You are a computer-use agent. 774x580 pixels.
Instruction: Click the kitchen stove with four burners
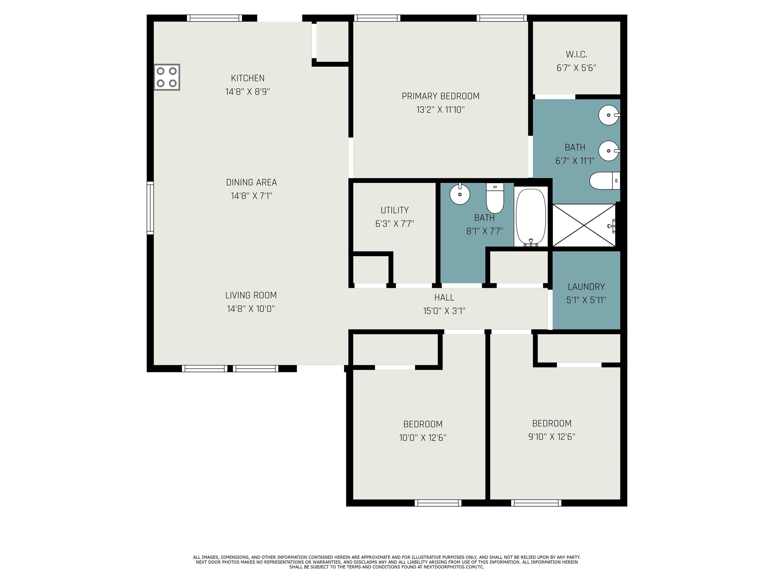[167, 77]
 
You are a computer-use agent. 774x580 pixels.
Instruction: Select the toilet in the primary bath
[605, 181]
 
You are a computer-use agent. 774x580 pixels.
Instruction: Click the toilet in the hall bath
[495, 198]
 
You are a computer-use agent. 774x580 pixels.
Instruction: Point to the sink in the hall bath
[460, 194]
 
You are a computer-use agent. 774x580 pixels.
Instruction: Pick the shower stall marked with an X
[584, 225]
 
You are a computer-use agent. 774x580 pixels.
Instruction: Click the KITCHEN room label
[248, 78]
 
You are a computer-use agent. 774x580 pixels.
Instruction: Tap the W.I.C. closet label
[576, 55]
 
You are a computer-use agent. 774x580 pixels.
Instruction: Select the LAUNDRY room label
[586, 287]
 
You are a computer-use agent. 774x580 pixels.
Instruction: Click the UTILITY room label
[395, 210]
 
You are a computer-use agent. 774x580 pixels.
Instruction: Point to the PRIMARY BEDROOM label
[440, 96]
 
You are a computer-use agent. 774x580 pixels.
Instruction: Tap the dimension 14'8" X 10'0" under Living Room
[251, 309]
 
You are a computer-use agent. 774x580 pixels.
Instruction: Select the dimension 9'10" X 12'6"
[552, 437]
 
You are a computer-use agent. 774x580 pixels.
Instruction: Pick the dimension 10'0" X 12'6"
[423, 437]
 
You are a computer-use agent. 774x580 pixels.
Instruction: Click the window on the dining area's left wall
[150, 208]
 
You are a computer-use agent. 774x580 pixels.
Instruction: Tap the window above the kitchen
[214, 18]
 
